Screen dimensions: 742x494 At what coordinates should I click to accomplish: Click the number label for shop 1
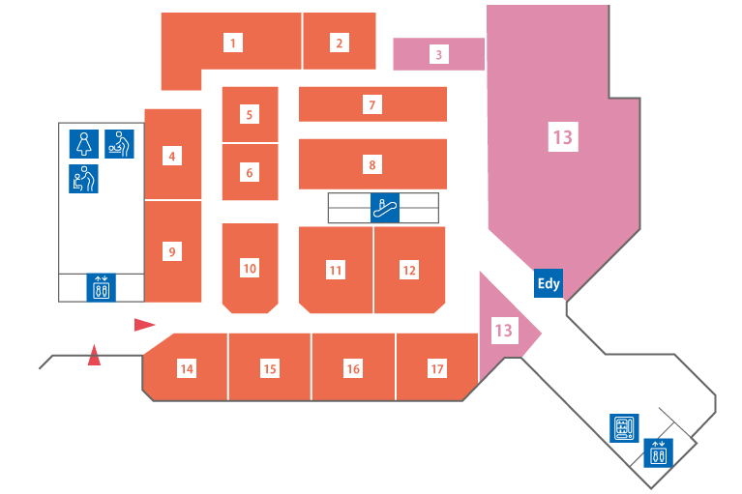point(233,43)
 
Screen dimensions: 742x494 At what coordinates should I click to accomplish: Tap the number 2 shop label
point(340,43)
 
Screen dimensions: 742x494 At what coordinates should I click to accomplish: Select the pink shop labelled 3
point(438,54)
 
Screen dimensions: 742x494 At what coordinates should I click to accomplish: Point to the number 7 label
point(372,104)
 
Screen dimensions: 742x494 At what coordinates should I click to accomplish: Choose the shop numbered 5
point(250,114)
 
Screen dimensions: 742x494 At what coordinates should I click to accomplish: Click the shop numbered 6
point(250,172)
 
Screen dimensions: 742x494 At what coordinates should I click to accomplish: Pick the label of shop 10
point(250,268)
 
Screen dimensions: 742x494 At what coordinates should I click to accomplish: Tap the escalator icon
point(385,208)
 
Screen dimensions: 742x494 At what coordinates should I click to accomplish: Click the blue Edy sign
point(549,283)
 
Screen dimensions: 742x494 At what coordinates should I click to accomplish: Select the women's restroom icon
point(84,144)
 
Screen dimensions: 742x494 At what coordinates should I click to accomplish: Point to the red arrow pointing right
point(145,325)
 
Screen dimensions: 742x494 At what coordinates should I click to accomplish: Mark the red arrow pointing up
point(94,355)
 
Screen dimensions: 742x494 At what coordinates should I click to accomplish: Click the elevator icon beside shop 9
point(101,287)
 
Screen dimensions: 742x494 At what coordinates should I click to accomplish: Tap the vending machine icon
point(624,428)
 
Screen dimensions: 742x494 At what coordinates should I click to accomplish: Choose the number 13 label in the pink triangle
point(503,330)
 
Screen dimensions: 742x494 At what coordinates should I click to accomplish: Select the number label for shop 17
point(436,368)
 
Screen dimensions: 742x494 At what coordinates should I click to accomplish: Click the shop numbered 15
point(270,366)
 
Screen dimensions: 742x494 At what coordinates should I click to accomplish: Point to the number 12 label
point(409,270)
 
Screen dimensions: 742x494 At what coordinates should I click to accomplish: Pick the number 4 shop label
point(172,156)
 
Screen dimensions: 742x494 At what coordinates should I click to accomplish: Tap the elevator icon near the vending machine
point(658,452)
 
